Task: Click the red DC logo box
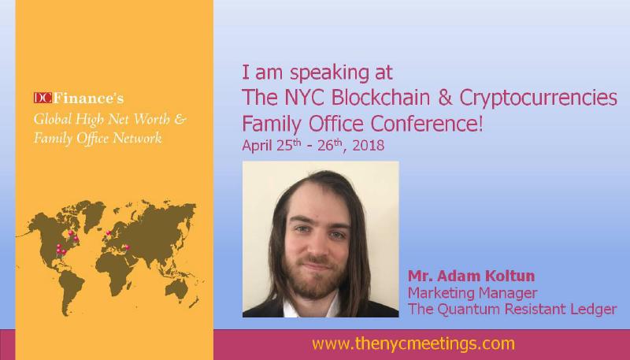[x=43, y=98]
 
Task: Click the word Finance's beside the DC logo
[x=88, y=98]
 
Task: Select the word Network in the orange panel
[x=137, y=138]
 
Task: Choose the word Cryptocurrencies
[x=538, y=98]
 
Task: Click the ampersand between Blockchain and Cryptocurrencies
[x=445, y=97]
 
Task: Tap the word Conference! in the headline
[x=426, y=123]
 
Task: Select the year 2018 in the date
[x=369, y=145]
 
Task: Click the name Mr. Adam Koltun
[x=471, y=276]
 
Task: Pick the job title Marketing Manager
[x=472, y=293]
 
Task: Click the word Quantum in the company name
[x=469, y=310]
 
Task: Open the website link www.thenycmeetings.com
[x=413, y=344]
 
